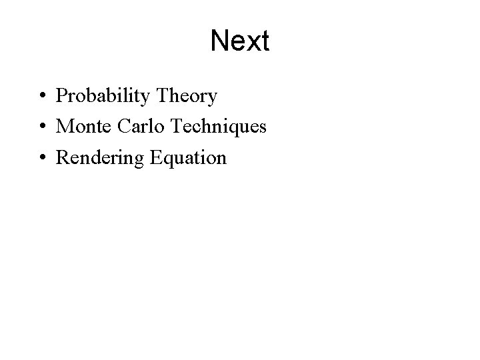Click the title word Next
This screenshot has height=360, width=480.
(x=239, y=41)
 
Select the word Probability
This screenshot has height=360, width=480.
(x=103, y=97)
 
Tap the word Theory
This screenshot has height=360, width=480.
(x=186, y=97)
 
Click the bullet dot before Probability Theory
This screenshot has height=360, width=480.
(x=42, y=97)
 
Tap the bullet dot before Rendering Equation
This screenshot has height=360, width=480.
(x=42, y=158)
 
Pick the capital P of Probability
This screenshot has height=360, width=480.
(x=61, y=96)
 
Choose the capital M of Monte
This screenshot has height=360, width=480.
(x=65, y=127)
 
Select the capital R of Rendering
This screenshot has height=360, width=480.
(x=63, y=157)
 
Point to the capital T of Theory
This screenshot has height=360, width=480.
(x=161, y=96)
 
